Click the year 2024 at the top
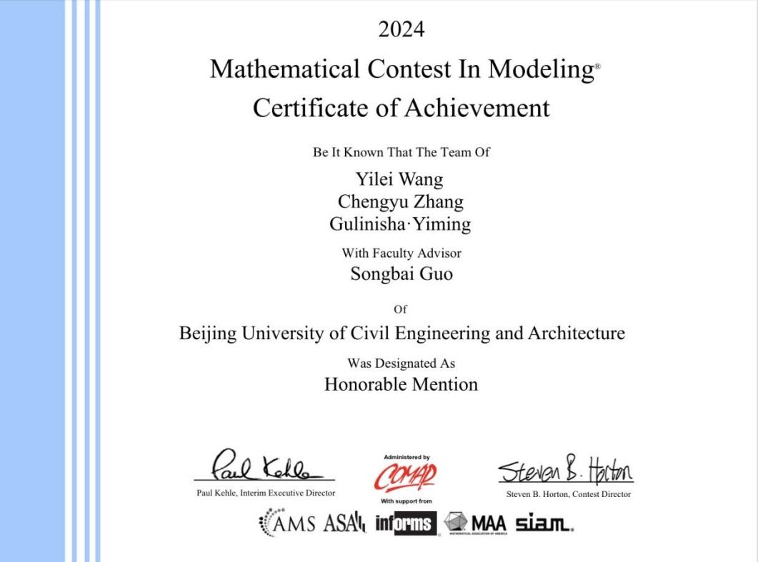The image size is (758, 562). (x=401, y=29)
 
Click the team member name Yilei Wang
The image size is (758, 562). (x=399, y=180)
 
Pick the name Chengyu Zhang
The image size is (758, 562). (x=400, y=202)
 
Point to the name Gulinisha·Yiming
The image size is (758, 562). (x=400, y=224)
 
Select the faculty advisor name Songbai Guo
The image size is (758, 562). (x=401, y=274)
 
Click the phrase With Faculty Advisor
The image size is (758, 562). (x=401, y=253)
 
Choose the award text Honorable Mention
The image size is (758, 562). (x=401, y=384)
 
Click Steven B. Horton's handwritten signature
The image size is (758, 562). (x=565, y=471)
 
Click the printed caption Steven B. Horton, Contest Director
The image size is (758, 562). (x=564, y=494)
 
